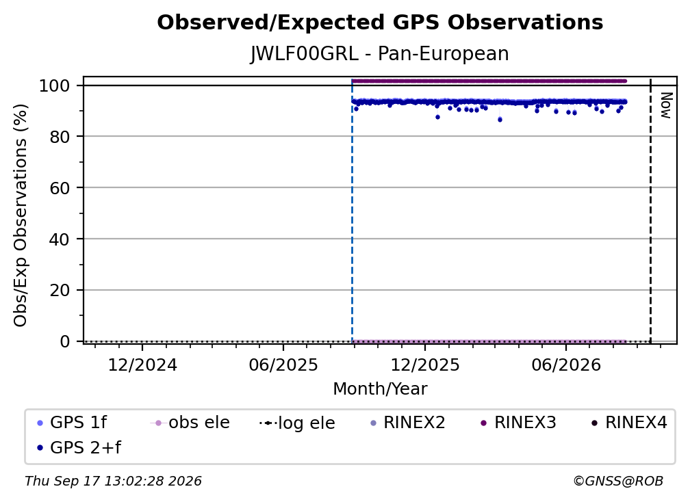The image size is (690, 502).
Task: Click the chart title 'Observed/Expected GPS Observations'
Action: pos(380,23)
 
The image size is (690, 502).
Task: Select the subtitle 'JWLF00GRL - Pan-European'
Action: pos(380,53)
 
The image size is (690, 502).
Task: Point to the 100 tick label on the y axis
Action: pos(55,85)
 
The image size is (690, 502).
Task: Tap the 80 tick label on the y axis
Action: pos(60,137)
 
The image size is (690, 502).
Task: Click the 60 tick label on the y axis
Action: pos(60,187)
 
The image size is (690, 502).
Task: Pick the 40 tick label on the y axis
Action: pos(60,239)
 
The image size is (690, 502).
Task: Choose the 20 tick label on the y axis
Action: pos(60,290)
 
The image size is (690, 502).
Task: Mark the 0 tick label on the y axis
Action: pos(65,341)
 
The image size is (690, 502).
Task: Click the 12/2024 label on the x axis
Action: pos(142,365)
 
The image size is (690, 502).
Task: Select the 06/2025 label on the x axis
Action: pos(283,365)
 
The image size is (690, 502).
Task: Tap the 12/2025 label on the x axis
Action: pos(424,365)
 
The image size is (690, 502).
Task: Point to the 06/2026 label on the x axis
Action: pos(566,365)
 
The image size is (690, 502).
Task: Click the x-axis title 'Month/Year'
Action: pos(380,388)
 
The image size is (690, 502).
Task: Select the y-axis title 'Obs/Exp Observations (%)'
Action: pos(21,215)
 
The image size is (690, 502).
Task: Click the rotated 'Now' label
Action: pos(666,105)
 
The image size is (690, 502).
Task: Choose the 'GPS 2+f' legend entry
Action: pos(79,447)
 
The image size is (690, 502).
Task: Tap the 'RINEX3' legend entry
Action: pos(518,423)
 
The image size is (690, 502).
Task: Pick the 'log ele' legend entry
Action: pos(298,423)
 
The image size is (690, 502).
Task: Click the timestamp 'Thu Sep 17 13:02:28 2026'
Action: pos(113,481)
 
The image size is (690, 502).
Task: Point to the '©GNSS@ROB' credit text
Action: pos(618,481)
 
